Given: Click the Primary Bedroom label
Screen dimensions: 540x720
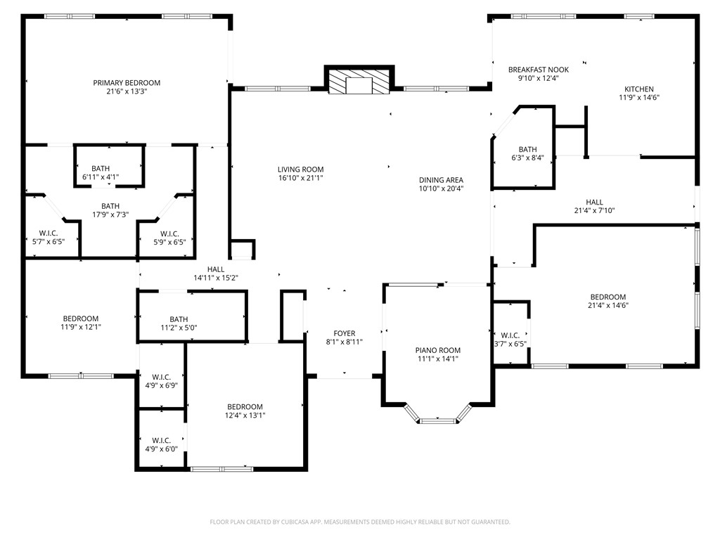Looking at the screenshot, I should coord(127,83).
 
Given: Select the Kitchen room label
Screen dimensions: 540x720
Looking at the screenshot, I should coord(638,89).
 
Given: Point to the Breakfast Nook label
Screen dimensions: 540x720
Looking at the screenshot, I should coord(538,70).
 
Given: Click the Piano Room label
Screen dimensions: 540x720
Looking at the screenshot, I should coord(437,350).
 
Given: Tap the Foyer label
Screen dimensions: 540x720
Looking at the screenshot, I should coord(344,333).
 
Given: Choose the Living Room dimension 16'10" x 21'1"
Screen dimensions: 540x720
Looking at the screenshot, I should coord(300,178).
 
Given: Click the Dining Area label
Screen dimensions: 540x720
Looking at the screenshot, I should coord(441,180).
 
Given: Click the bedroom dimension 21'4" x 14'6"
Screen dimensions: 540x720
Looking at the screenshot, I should coord(607,305).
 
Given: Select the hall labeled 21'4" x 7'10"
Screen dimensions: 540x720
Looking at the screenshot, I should coord(594,206).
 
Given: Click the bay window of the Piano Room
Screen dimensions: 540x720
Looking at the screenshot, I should coord(437,420).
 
